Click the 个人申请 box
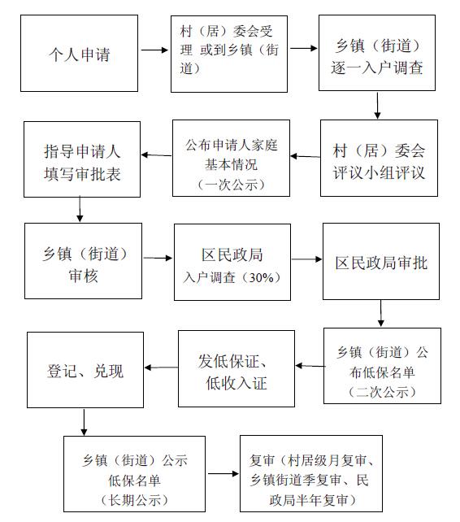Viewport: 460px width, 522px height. point(79,54)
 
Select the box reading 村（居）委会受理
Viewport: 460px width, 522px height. point(229,54)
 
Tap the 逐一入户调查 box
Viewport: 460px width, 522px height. point(377,53)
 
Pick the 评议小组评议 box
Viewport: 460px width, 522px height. point(379,158)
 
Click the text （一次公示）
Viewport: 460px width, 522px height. point(231,185)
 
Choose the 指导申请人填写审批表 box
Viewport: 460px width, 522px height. point(82,159)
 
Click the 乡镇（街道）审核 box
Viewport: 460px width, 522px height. point(83,261)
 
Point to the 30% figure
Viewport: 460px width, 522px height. point(261,277)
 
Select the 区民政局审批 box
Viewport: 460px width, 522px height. point(381,261)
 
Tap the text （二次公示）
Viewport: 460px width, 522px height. point(382,392)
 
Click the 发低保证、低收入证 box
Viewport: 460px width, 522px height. point(237,368)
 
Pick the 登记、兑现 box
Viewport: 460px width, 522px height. point(85,370)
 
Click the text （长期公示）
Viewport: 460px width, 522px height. point(134,500)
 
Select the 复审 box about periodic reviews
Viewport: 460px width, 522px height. point(311,473)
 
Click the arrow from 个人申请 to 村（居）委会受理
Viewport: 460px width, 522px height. point(154,50)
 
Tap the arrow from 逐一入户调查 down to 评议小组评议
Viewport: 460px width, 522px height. point(377,106)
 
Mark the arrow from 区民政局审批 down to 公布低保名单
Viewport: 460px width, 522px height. point(381,313)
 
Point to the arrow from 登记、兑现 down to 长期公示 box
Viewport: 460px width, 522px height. point(84,422)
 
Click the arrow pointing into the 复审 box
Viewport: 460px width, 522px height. point(223,474)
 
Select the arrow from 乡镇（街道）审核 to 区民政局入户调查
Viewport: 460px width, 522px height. point(158,258)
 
